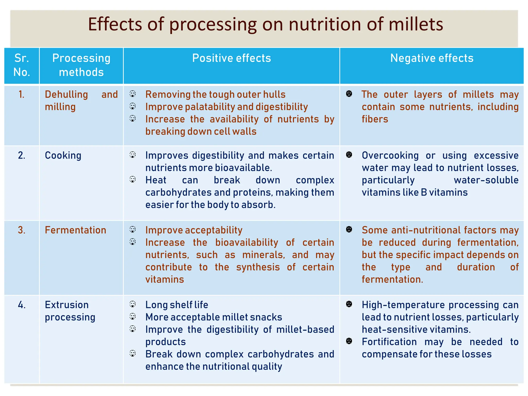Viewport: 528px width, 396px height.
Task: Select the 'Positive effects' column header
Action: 232,58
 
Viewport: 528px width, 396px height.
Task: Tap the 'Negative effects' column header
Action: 432,58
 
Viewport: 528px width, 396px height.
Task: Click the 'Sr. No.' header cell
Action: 22,65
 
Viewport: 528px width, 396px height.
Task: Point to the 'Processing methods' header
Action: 81,65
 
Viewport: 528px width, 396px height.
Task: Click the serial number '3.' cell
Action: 22,230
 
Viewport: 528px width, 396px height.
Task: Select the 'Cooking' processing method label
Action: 63,155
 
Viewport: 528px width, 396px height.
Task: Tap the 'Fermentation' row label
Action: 76,230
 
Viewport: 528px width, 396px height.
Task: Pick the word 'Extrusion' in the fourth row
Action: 67,305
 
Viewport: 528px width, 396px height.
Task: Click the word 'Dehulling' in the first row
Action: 67,95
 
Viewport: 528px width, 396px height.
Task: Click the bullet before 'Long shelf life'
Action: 133,304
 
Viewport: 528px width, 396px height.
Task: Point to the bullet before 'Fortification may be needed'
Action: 349,341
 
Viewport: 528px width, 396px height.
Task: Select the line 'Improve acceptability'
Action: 194,230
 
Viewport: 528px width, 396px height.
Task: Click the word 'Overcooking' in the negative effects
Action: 390,155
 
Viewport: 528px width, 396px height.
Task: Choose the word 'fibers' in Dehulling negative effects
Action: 375,119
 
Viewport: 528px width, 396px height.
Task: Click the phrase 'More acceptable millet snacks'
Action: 214,317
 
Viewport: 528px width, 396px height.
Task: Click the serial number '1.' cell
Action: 22,95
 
